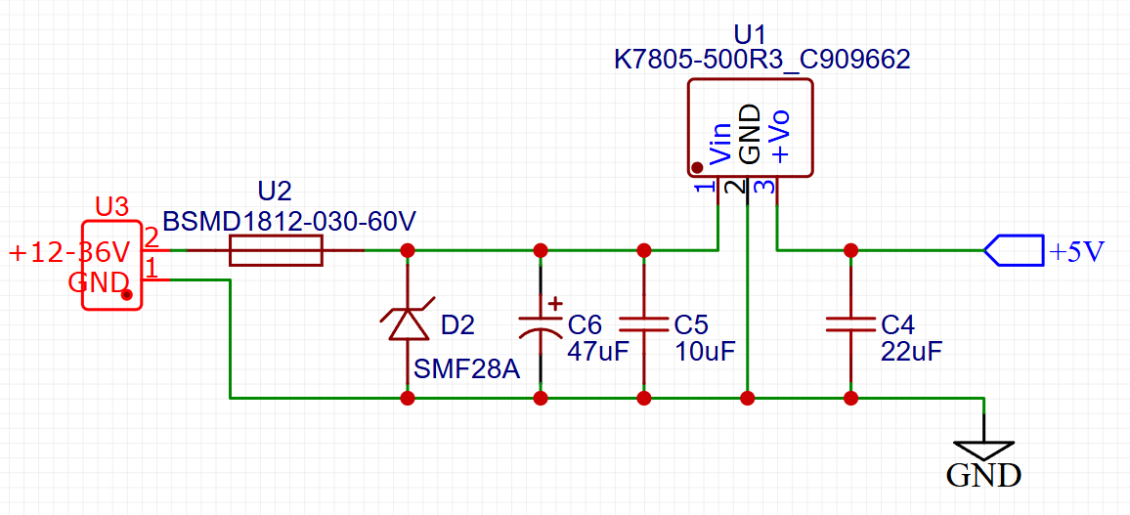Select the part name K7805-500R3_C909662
tap(761, 60)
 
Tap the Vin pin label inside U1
tap(719, 143)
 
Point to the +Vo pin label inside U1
tap(779, 137)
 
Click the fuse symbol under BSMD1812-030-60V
tap(276, 251)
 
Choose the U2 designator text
tap(275, 191)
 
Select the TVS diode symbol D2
tap(408, 323)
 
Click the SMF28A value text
tap(464, 370)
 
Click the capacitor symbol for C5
tap(644, 324)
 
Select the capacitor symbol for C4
tap(850, 324)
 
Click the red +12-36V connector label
tap(68, 253)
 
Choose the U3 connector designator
tap(111, 207)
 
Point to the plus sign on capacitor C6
tap(555, 303)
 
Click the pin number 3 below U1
tap(768, 187)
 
